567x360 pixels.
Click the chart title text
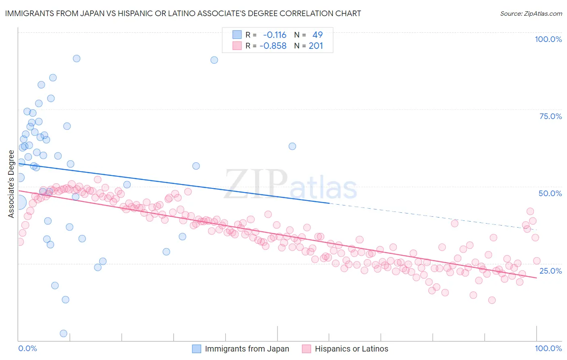coord(183,13)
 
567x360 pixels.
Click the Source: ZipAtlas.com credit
coord(531,13)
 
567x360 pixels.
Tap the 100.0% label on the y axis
coord(548,39)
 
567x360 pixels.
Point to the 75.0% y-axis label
coord(550,116)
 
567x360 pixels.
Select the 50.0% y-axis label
coord(550,193)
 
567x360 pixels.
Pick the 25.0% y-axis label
coord(550,270)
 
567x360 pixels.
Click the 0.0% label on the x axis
coord(27,348)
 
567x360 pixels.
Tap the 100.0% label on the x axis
coord(548,348)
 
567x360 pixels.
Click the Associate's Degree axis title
coord(11,184)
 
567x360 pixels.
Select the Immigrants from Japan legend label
coord(247,349)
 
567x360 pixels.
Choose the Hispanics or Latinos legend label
coord(351,349)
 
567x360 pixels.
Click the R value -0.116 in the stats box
coord(275,35)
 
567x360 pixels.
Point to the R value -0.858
coord(273,46)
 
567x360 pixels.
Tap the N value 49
coord(317,35)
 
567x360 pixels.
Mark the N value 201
coord(316,46)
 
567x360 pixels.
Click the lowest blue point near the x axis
coord(63,333)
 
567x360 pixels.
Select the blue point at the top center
coord(214,60)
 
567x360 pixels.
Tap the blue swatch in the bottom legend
coord(196,349)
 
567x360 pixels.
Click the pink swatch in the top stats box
coord(237,46)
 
